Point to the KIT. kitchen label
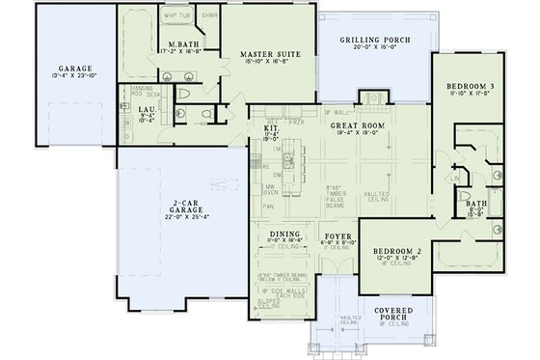pos(272,126)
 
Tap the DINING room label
pos(284,234)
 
